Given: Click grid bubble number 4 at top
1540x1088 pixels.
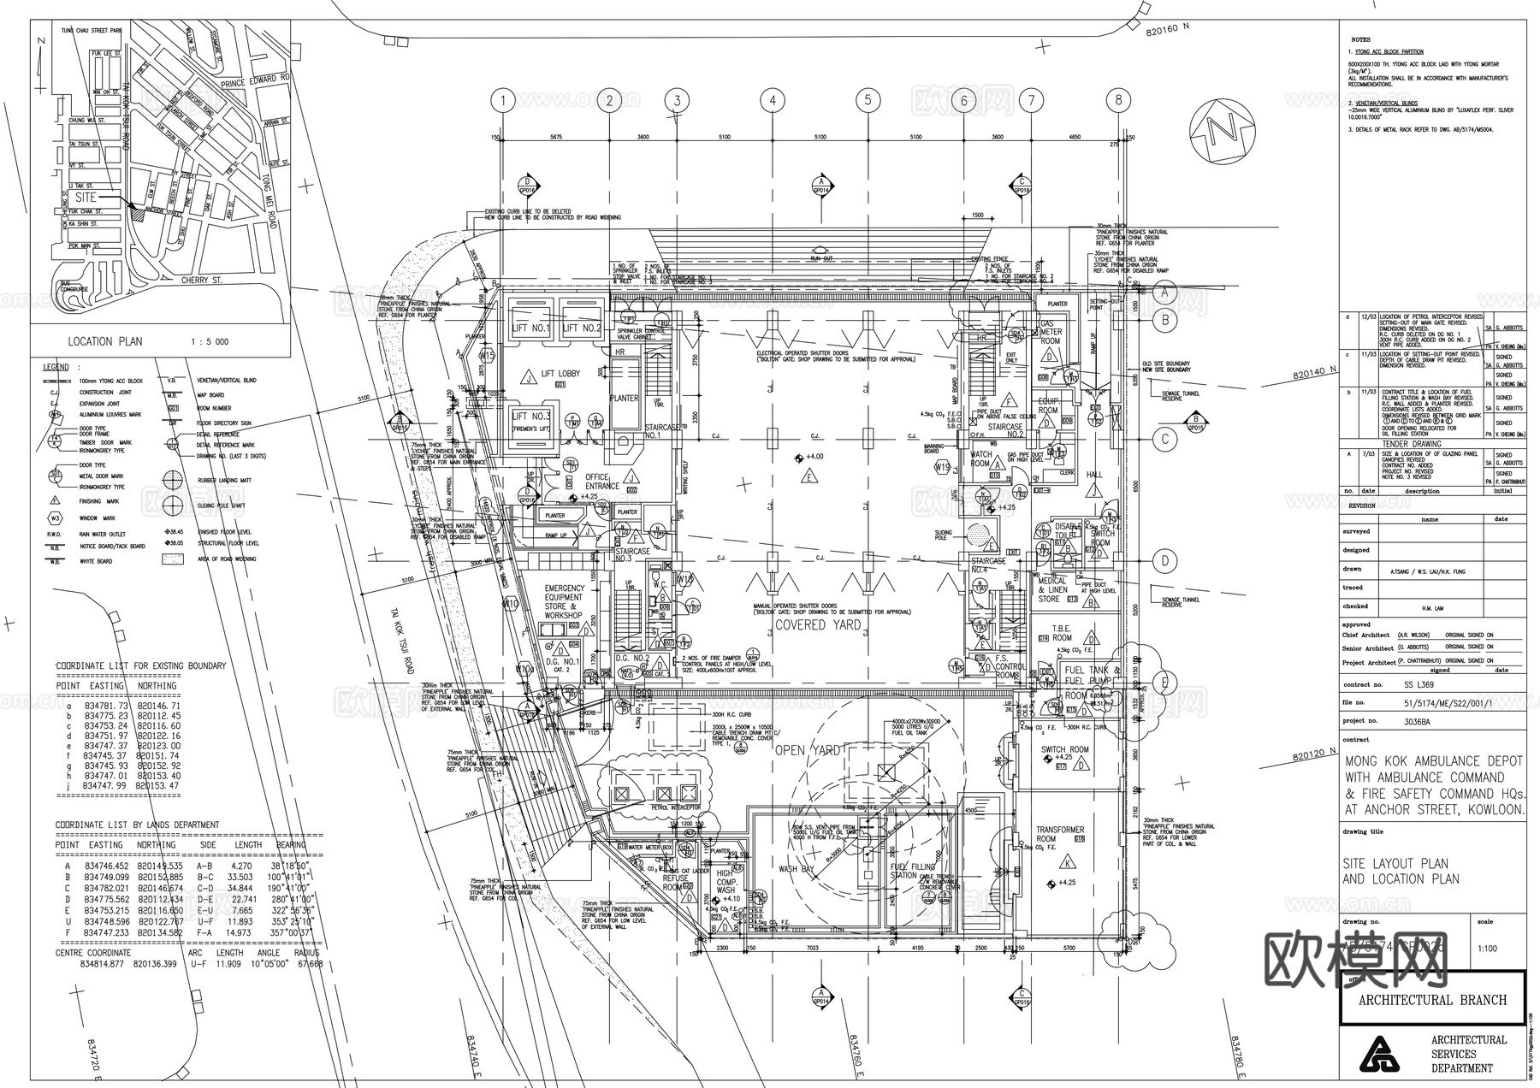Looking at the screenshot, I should pos(772,101).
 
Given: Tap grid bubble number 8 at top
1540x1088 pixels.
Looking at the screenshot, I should pos(1118,101).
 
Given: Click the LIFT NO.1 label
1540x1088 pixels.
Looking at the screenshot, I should pos(530,328).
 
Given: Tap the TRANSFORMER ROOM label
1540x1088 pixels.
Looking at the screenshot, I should pos(1059,834).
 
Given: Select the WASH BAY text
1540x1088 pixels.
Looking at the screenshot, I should pos(795,869).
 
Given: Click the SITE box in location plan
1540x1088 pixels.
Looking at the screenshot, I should pos(86,197).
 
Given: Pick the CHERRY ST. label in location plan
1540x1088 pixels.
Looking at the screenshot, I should pos(201,280).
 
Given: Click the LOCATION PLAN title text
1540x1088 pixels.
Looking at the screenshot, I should pos(106,341).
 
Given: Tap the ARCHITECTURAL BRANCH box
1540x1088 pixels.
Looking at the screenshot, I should pos(1432,999).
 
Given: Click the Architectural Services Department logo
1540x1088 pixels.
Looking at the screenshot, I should pos(1383,1054).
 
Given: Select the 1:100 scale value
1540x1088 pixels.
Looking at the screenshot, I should pos(1487,949).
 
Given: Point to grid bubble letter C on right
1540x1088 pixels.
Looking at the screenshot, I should pos(1164,440).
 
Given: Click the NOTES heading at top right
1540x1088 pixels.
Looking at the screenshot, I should pos(1360,39).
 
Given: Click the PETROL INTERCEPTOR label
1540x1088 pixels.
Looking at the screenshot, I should pos(676,807).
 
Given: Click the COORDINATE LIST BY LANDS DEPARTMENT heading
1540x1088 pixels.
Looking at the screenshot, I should pos(137,825).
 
